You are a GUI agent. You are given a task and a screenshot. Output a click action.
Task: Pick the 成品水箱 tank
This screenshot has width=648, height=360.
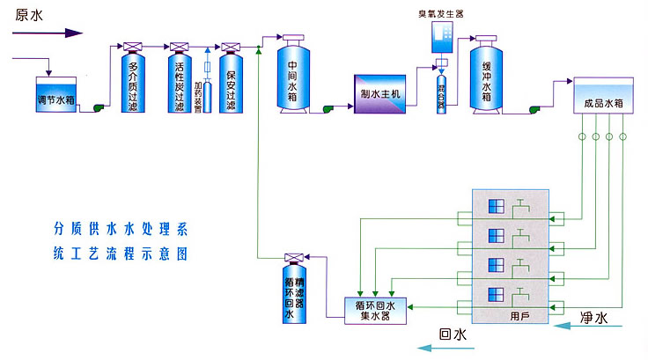603,101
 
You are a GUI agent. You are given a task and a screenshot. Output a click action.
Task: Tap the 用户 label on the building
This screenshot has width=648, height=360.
519,315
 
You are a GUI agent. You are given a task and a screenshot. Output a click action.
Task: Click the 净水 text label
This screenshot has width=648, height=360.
598,315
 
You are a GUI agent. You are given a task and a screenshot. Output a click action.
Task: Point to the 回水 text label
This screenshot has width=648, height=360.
452,334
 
